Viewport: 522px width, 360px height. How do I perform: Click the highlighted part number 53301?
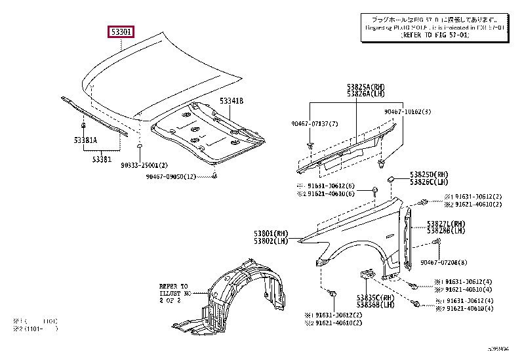121,31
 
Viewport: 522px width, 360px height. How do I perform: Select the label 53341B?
231,101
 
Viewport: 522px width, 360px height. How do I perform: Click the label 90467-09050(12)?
171,176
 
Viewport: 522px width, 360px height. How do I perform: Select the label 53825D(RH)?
433,174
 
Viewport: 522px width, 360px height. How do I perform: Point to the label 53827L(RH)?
446,223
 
